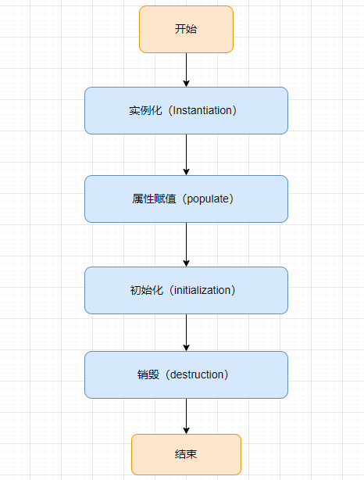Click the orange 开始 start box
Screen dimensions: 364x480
tap(186, 30)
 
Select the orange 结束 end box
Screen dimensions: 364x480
tap(186, 454)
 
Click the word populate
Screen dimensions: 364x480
tap(208, 199)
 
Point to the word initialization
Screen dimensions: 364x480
tap(202, 290)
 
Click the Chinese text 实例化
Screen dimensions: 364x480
tap(145, 110)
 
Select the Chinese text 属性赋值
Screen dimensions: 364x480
tap(154, 199)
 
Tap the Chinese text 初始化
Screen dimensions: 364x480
tap(147, 290)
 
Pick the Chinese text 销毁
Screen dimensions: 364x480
tap(148, 374)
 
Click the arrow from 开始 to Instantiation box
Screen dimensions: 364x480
tap(186, 70)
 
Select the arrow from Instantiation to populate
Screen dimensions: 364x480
tap(186, 155)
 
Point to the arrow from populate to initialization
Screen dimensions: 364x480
tap(186, 245)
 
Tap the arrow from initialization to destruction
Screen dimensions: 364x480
tap(186, 333)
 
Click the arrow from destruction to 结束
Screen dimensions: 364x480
tap(186, 417)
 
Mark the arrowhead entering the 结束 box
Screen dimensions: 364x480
tap(186, 431)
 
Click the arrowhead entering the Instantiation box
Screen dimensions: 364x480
tap(186, 84)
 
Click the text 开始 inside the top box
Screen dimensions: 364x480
tap(186, 30)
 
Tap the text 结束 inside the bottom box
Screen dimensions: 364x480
tap(186, 454)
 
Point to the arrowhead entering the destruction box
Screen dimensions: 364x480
tap(186, 348)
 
